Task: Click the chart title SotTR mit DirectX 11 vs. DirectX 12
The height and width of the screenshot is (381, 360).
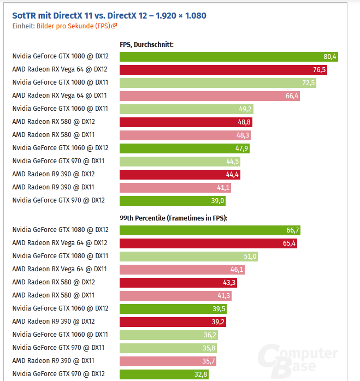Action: click(109, 15)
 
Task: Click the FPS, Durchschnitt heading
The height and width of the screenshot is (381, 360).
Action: click(146, 45)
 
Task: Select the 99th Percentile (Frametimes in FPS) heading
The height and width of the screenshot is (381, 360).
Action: click(173, 218)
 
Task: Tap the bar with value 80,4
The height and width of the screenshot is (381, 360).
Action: click(229, 56)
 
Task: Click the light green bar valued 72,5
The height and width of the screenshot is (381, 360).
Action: click(218, 82)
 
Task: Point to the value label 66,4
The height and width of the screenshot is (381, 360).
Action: click(292, 96)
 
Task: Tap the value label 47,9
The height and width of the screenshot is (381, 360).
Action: click(243, 148)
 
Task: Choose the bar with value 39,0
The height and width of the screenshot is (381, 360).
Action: click(173, 200)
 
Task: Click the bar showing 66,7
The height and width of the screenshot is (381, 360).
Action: click(210, 230)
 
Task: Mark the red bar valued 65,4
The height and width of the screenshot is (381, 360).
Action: click(209, 243)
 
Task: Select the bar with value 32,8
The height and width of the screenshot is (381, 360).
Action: click(164, 374)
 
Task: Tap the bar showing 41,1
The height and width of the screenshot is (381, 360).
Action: click(175, 187)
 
